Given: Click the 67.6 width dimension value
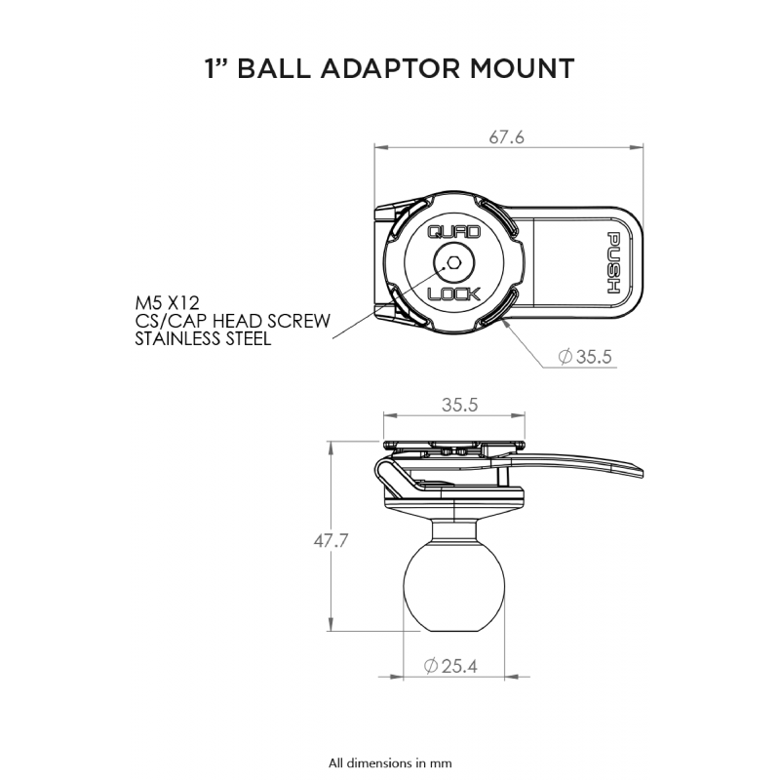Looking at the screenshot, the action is (x=506, y=137).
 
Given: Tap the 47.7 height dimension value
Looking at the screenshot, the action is (x=331, y=541).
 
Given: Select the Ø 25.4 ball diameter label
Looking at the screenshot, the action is (x=450, y=666).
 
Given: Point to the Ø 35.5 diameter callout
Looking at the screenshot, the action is (x=585, y=357).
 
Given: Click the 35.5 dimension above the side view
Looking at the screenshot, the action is (x=459, y=405).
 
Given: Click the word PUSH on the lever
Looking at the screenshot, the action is (x=614, y=262).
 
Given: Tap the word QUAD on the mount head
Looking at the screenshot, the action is (x=454, y=232).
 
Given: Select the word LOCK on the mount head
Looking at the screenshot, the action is (x=454, y=294).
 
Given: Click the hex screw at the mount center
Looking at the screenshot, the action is (x=453, y=262).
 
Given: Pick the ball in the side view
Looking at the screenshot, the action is (x=454, y=581).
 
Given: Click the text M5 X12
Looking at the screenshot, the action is (x=167, y=303).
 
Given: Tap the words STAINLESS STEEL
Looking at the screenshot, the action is (x=204, y=338).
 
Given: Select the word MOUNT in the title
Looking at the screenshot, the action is (x=523, y=68).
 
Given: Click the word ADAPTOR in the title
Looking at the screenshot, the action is (x=390, y=68).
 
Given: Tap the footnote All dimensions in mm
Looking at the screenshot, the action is (x=390, y=762).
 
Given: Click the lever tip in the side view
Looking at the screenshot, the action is (x=641, y=473).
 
